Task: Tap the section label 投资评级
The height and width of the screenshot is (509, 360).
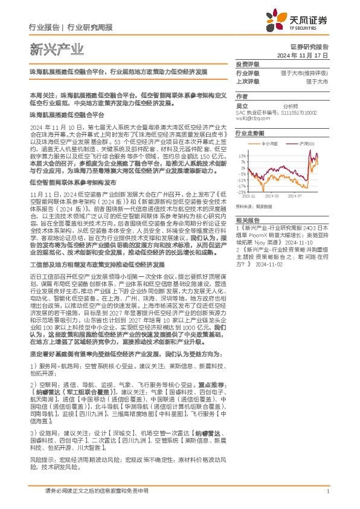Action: (x=246, y=64)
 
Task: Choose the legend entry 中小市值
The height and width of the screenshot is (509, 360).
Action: (x=271, y=144)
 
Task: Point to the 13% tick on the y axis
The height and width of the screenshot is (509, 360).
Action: (x=242, y=155)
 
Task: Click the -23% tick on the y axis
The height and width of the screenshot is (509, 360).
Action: (x=241, y=192)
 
